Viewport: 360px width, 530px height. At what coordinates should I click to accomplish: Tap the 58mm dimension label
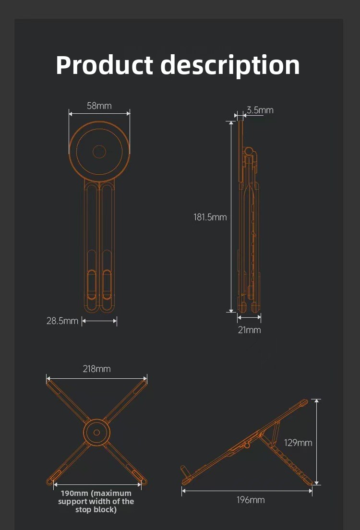(99, 106)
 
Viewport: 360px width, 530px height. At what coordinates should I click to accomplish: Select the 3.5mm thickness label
(260, 110)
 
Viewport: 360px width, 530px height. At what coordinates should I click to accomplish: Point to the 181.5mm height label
(210, 217)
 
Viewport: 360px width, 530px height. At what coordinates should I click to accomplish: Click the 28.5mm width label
(62, 321)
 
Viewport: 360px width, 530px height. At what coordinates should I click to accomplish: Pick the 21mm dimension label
(249, 330)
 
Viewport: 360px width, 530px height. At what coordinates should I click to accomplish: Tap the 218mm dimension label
(96, 369)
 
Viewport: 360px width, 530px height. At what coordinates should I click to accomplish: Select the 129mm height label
(298, 443)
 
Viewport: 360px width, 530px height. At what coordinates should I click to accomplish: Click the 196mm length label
(251, 500)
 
